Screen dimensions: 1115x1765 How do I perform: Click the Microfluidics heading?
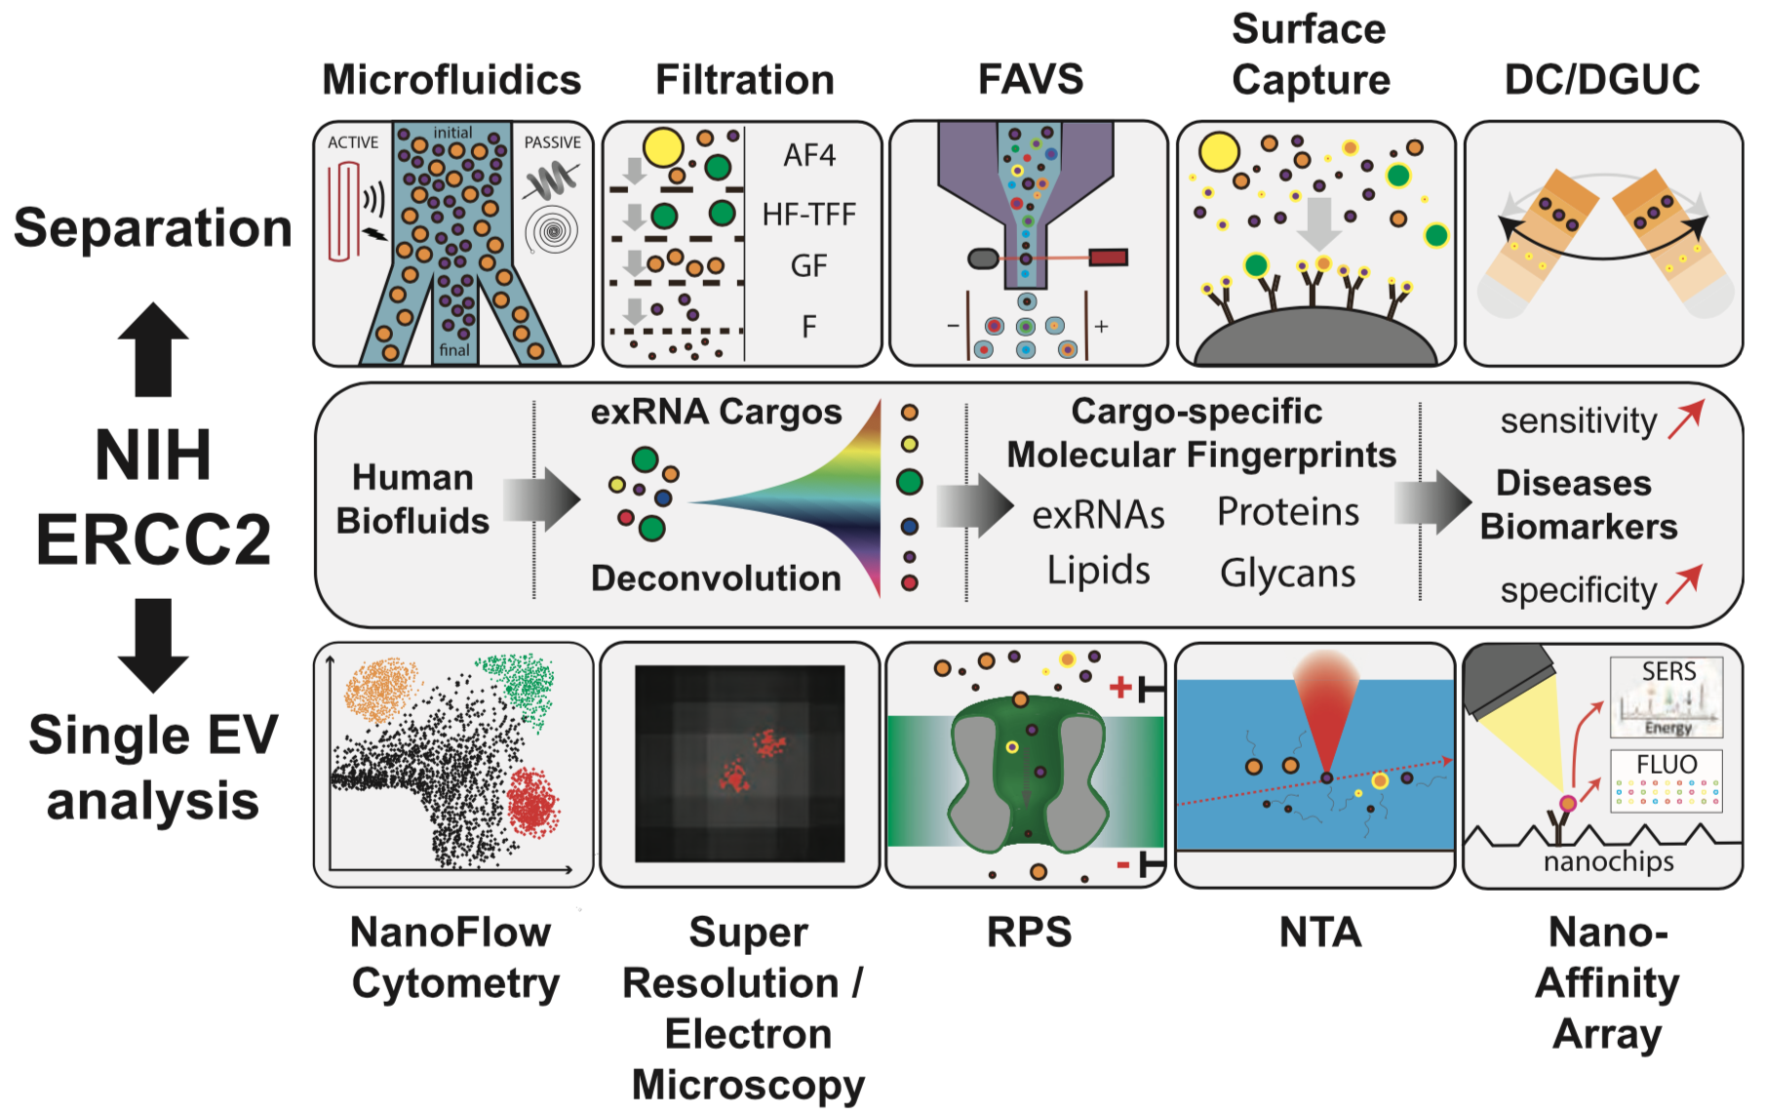tap(451, 80)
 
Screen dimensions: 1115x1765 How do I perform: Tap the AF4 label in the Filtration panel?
tap(809, 155)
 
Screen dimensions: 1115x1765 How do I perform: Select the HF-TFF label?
tap(808, 214)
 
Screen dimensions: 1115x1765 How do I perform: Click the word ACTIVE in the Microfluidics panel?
tap(353, 142)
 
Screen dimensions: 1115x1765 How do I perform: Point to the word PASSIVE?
tap(552, 142)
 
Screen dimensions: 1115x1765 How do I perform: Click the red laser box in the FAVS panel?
tap(1108, 258)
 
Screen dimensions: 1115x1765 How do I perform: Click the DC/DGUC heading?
tap(1602, 80)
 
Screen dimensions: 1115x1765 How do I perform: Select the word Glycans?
tap(1287, 574)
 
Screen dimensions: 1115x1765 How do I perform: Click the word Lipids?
tap(1098, 571)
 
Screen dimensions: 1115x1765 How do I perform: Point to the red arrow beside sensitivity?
tap(1685, 419)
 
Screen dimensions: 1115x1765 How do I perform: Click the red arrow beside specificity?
tap(1684, 584)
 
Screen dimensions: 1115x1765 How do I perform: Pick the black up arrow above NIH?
tap(153, 349)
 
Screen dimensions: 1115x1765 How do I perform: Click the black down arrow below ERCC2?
tap(153, 645)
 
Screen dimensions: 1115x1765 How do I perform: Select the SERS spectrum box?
tap(1666, 697)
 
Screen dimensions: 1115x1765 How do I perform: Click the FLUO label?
tap(1667, 764)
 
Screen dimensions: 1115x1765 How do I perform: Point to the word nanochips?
tap(1608, 861)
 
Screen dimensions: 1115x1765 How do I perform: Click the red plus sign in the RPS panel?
tap(1120, 688)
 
